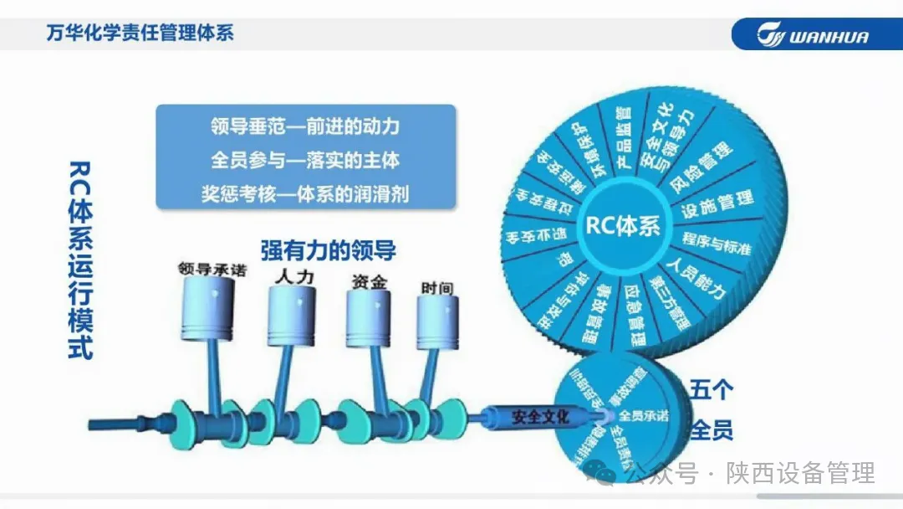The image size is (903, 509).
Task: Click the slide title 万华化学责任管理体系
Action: [140, 33]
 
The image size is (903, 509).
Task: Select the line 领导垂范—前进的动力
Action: [305, 127]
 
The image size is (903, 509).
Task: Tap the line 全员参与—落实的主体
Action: [305, 159]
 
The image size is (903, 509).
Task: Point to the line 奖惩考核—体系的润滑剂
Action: [305, 192]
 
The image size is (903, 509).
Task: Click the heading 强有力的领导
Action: [328, 250]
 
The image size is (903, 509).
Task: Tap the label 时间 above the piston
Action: [437, 288]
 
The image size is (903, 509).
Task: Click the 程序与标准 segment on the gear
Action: [716, 244]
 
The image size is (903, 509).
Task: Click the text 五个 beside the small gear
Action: [712, 390]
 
